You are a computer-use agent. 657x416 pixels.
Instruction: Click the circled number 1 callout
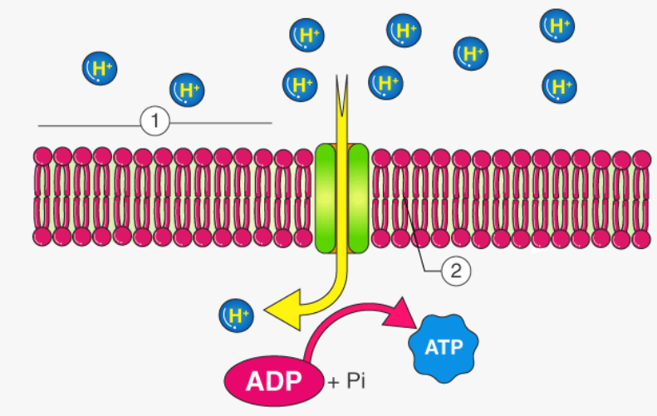pyautogui.click(x=155, y=124)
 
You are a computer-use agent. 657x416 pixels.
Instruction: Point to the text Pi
pyautogui.click(x=356, y=382)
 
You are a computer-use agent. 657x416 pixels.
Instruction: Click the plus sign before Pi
pyautogui.click(x=334, y=383)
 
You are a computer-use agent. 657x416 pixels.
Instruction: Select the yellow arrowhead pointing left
pyautogui.click(x=276, y=313)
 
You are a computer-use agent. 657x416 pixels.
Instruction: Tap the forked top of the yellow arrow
pyautogui.click(x=341, y=88)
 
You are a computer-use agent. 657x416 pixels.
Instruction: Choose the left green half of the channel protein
pyautogui.click(x=326, y=198)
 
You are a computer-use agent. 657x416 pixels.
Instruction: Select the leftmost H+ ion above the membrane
pyautogui.click(x=99, y=69)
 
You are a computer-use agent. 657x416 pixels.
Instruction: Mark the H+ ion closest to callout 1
pyautogui.click(x=187, y=90)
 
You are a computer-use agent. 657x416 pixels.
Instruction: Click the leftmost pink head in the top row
pyautogui.click(x=43, y=156)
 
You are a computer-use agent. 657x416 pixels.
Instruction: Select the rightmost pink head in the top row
pyautogui.click(x=642, y=158)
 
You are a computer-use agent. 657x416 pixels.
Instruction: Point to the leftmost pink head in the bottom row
pyautogui.click(x=43, y=237)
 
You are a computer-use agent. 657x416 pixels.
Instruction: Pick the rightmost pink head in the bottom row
pyautogui.click(x=642, y=238)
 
